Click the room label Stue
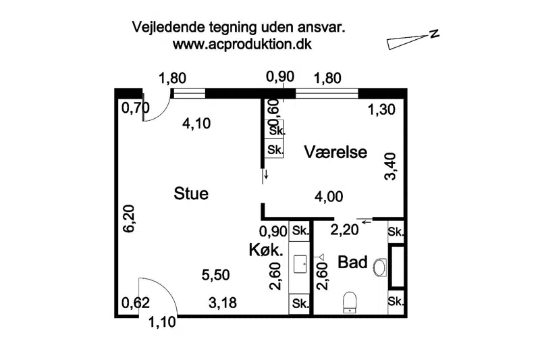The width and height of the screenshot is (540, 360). click(191, 193)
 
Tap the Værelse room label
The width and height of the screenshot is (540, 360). click(335, 152)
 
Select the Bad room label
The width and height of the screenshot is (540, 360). click(352, 262)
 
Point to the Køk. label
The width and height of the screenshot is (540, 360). click(266, 250)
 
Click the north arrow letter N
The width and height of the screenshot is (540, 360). click(434, 33)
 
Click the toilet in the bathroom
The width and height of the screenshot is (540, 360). click(350, 302)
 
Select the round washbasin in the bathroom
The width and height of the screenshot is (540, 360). click(380, 267)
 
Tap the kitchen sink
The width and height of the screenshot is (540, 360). click(300, 264)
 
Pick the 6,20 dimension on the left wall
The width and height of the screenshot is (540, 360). click(130, 219)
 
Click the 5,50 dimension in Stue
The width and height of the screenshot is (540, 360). click(215, 275)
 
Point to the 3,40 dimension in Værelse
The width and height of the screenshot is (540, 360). click(391, 167)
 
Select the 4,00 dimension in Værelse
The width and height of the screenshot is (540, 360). click(329, 197)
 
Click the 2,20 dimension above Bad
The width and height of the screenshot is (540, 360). click(345, 230)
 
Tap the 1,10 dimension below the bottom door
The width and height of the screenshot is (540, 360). click(162, 322)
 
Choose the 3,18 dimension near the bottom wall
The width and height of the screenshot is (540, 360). click(223, 303)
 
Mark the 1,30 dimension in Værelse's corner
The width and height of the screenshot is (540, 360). click(381, 110)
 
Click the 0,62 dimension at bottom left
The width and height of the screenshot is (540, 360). click(136, 303)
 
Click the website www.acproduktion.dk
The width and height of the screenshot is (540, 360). click(242, 45)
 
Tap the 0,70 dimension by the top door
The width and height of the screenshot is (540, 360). click(136, 108)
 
